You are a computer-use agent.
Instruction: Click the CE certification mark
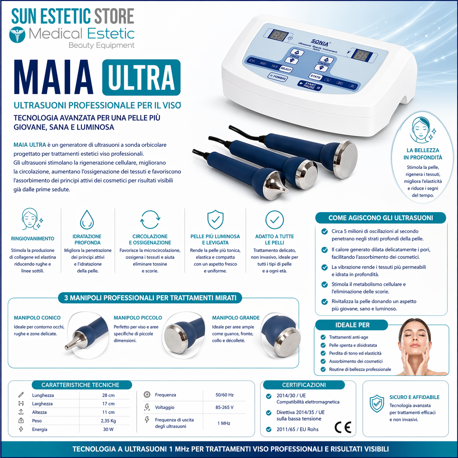(343, 427)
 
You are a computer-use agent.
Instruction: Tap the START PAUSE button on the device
(310, 85)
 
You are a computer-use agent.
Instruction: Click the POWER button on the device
(278, 77)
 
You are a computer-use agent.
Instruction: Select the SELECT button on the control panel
(286, 69)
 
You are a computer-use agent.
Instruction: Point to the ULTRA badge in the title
(141, 77)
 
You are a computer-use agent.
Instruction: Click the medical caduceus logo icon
(17, 35)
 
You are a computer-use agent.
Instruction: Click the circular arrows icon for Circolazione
(150, 220)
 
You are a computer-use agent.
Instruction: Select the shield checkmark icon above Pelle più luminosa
(215, 220)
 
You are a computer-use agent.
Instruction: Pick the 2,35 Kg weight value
(108, 421)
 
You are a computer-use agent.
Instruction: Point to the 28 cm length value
(108, 395)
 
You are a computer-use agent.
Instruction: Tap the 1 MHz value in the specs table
(224, 423)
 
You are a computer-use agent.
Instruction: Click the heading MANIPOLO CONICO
(37, 318)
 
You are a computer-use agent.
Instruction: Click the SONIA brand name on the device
(320, 42)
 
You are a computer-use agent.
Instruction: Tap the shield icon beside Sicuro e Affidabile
(377, 404)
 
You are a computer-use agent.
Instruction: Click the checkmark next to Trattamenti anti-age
(323, 337)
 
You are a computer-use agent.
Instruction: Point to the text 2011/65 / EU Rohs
(297, 429)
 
